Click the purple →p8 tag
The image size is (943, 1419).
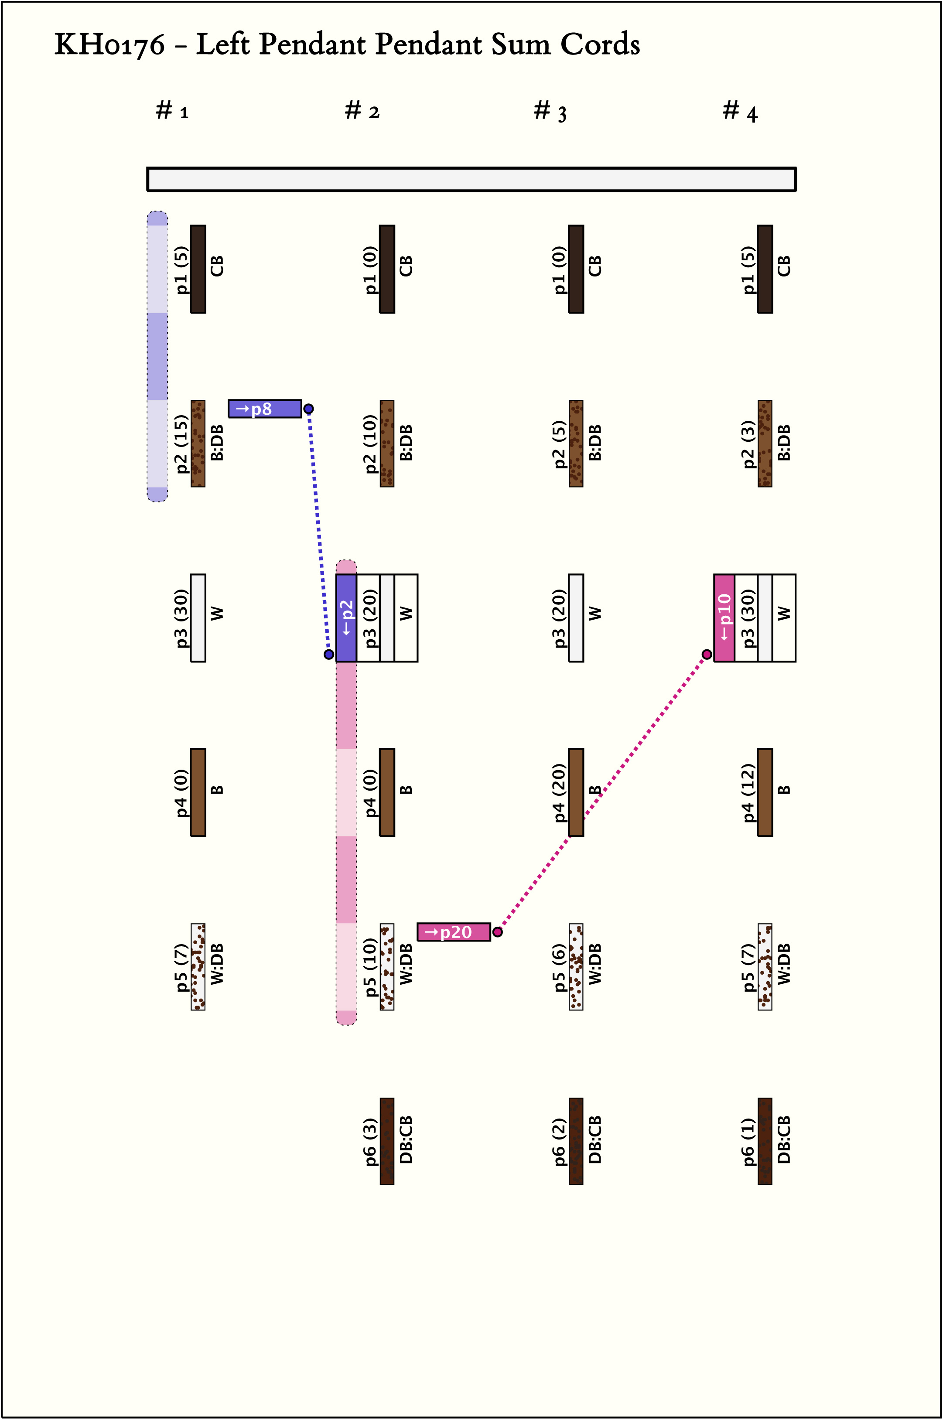[265, 409]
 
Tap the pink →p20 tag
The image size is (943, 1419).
[454, 932]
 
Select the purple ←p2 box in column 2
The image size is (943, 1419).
[346, 618]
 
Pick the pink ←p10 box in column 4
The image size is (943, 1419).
[724, 618]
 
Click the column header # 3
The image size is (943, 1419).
[550, 112]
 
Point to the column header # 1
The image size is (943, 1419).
[172, 112]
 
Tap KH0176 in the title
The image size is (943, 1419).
[109, 44]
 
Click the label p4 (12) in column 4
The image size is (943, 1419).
[748, 792]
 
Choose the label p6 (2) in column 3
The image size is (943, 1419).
[559, 1142]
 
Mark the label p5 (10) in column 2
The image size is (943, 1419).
[370, 968]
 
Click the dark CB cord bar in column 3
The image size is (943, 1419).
[576, 269]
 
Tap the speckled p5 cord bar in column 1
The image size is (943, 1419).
[198, 967]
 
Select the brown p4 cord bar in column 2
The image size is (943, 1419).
[387, 792]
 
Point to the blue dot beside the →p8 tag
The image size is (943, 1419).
[308, 409]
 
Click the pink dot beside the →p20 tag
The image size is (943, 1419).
[497, 932]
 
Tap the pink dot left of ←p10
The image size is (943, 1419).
[707, 654]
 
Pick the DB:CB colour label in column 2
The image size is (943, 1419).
[406, 1141]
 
